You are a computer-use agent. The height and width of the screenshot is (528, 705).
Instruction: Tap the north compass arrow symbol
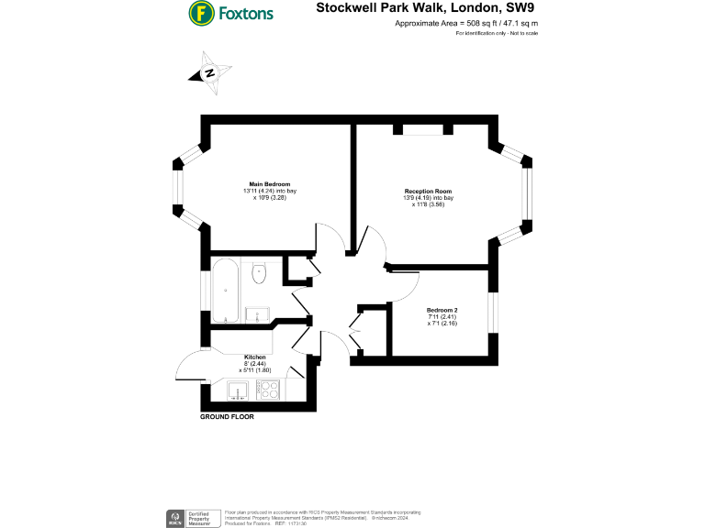tap(210, 73)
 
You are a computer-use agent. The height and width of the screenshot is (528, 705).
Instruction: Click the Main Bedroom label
tap(263, 183)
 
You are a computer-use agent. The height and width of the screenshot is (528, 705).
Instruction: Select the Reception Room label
tap(429, 192)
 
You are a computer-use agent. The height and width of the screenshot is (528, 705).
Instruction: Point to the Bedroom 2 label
tap(444, 310)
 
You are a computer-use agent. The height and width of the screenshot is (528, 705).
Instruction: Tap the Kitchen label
tap(255, 357)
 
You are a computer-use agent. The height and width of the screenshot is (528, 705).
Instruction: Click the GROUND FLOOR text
tap(227, 417)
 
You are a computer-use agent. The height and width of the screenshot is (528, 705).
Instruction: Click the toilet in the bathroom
tap(259, 269)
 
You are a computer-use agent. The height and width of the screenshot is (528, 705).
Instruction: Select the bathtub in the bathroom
tap(226, 291)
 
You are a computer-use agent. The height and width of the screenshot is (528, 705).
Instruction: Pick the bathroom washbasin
tap(253, 314)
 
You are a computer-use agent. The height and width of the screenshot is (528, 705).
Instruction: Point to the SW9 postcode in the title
tap(520, 8)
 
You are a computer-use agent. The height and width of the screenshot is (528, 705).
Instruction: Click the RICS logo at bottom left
tap(172, 518)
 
